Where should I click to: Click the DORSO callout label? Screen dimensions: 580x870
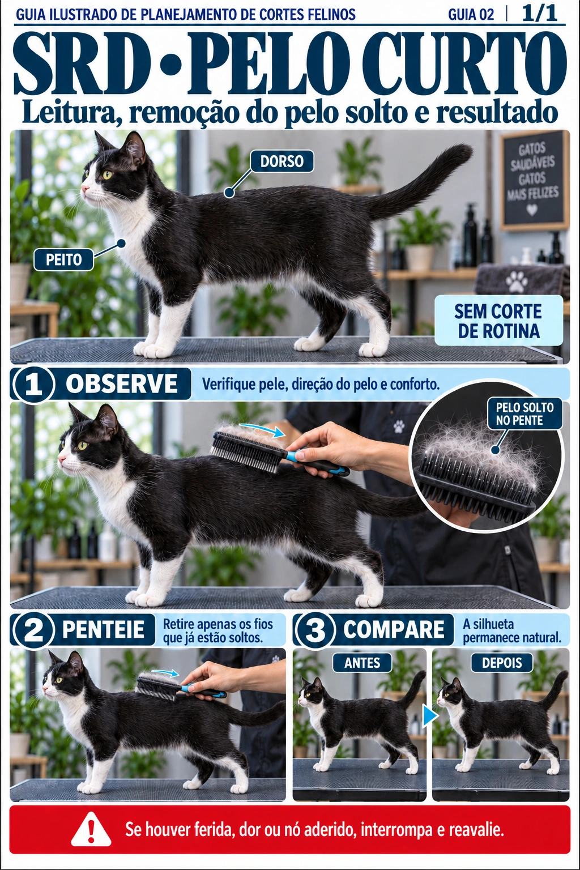pos(282,161)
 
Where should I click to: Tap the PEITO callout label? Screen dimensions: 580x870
pos(63,259)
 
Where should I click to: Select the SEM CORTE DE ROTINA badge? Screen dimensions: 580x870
pos(498,321)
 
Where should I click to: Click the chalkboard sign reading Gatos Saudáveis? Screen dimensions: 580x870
pos(532,181)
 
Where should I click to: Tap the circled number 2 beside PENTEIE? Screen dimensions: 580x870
pos(33,630)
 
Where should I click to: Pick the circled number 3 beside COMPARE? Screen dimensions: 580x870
pos(315,630)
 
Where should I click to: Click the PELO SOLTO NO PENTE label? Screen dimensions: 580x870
pos(524,413)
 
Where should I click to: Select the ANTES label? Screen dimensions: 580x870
pos(362,663)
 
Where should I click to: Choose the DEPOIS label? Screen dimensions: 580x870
pos(502,663)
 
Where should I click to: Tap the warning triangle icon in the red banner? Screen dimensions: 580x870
pos(91,831)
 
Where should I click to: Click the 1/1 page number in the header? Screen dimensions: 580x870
pos(540,14)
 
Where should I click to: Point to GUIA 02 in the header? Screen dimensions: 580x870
pos(471,15)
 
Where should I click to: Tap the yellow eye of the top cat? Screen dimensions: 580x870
pos(107,174)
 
